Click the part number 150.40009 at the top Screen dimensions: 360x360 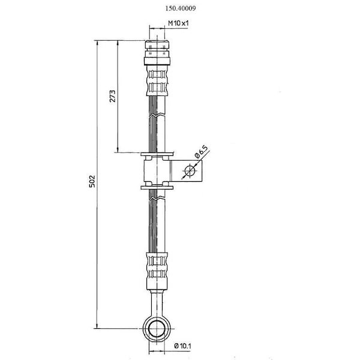pos(181,8)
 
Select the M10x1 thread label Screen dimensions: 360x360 pos(178,23)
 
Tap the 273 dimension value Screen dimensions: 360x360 pos(113,96)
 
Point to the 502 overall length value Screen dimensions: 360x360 pos(92,181)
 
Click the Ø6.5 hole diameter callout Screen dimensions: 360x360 pos(201,152)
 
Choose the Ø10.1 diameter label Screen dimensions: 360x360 pos(183,346)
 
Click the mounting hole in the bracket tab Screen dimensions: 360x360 pos(190,171)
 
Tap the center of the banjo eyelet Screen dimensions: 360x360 pos(157,329)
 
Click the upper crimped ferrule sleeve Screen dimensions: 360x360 pos(157,81)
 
